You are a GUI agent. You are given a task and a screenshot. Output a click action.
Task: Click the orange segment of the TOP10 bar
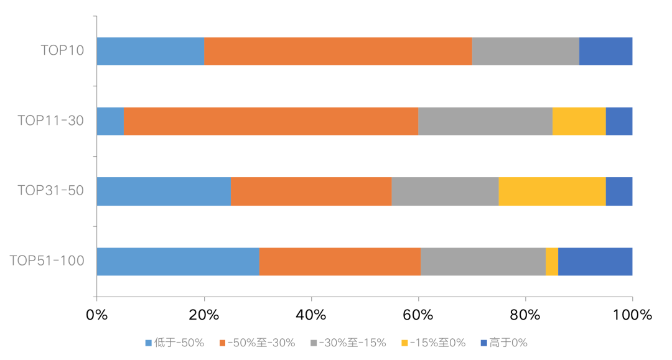pyautogui.click(x=338, y=51)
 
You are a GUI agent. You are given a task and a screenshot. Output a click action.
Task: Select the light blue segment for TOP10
pyautogui.click(x=150, y=51)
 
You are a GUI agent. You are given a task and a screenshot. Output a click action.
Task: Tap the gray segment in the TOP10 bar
pyautogui.click(x=525, y=51)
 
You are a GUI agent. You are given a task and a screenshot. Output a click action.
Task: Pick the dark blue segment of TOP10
pyautogui.click(x=605, y=51)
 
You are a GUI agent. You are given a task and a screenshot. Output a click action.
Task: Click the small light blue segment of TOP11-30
pyautogui.click(x=110, y=121)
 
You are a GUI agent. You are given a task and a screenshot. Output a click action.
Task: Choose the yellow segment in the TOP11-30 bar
pyautogui.click(x=579, y=121)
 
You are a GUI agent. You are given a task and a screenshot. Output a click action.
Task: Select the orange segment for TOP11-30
pyautogui.click(x=271, y=121)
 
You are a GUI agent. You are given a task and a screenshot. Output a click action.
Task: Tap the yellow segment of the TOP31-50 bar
pyautogui.click(x=552, y=192)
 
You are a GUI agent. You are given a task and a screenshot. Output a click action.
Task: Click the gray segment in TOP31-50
pyautogui.click(x=445, y=192)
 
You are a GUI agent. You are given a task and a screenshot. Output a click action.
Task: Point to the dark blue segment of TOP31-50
pyautogui.click(x=619, y=192)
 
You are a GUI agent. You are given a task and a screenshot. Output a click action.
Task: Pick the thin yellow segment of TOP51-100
pyautogui.click(x=552, y=261)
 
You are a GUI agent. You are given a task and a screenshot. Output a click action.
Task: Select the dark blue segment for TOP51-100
pyautogui.click(x=595, y=261)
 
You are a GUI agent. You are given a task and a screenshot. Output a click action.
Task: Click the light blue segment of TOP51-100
pyautogui.click(x=178, y=261)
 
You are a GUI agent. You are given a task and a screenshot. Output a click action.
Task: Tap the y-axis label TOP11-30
pyautogui.click(x=50, y=121)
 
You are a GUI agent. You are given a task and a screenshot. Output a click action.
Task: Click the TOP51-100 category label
pyautogui.click(x=47, y=261)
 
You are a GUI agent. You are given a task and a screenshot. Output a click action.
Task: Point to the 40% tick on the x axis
pyautogui.click(x=311, y=315)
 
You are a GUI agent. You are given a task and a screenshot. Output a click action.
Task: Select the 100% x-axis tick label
pyautogui.click(x=632, y=315)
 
